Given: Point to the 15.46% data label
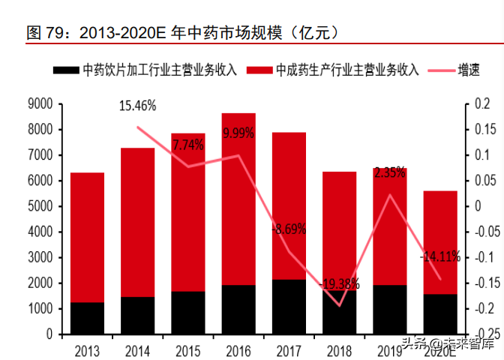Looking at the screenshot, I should pyautogui.click(x=137, y=106).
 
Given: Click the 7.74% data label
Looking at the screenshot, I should pyautogui.click(x=187, y=145).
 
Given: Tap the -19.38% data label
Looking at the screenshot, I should pyautogui.click(x=338, y=284).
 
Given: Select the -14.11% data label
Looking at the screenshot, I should pyautogui.click(x=439, y=256).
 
